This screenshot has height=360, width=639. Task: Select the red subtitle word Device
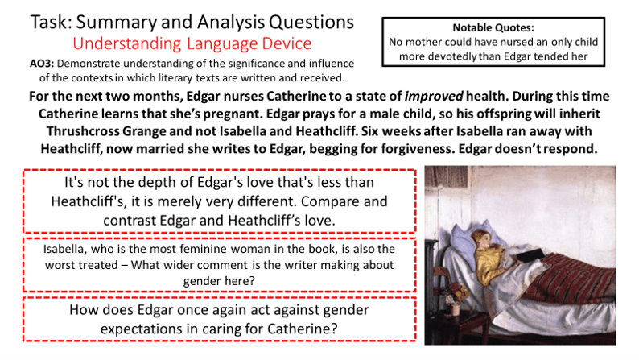pyautogui.click(x=287, y=43)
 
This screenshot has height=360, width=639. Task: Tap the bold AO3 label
pyautogui.click(x=42, y=64)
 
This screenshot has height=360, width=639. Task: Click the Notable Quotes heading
pyautogui.click(x=493, y=27)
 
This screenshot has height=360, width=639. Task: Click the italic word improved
pyautogui.click(x=433, y=97)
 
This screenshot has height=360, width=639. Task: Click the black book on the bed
pyautogui.click(x=530, y=254)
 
